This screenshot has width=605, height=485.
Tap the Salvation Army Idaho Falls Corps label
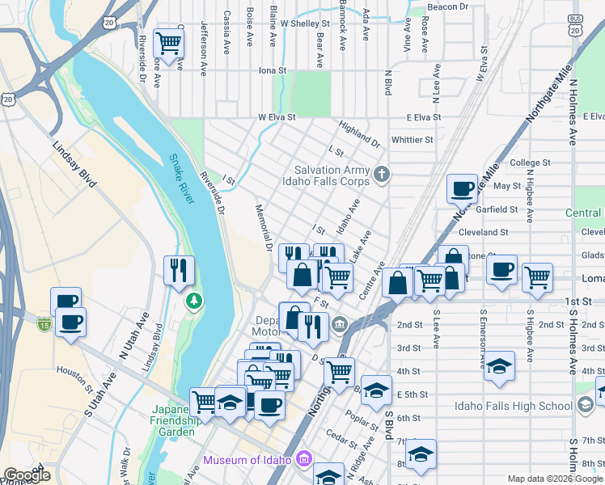(332, 175)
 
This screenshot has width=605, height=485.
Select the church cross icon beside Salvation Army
(383, 173)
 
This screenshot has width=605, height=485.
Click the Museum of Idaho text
(247, 460)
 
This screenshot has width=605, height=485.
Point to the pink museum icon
(304, 459)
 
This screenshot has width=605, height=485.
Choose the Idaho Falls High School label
(513, 406)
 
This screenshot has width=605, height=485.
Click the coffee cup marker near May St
(463, 188)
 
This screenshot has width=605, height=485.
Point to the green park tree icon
(194, 301)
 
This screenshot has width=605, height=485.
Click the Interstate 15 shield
(44, 324)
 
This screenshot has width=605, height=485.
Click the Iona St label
(273, 70)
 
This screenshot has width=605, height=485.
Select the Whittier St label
(412, 140)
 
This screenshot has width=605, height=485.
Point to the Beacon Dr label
(448, 6)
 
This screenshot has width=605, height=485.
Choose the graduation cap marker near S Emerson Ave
(499, 366)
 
